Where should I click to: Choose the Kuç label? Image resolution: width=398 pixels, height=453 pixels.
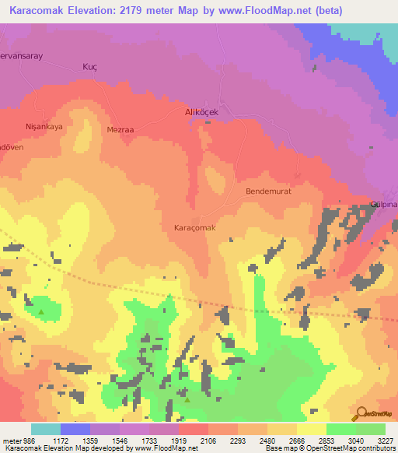pos(89,67)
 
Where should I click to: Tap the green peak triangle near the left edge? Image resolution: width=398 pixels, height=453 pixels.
pos(41,312)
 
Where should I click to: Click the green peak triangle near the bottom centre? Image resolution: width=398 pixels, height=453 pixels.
pos(187,399)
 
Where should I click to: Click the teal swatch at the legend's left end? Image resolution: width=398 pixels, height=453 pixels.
pos(46,429)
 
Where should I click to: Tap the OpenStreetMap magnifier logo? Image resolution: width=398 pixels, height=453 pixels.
pos(361,414)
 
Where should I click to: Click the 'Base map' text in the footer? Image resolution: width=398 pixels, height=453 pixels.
pos(279,448)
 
